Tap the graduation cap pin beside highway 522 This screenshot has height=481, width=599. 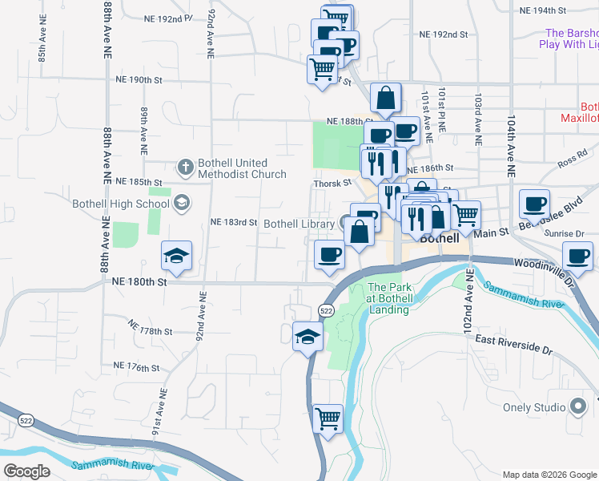308,338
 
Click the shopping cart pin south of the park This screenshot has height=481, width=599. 327,418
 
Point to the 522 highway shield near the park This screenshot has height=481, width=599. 325,309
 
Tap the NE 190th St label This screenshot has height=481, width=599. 139,80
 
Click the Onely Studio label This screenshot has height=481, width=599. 534,407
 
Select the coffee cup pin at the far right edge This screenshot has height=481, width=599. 577,257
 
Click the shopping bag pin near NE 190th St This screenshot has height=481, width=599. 385,99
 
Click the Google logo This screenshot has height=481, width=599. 28,471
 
